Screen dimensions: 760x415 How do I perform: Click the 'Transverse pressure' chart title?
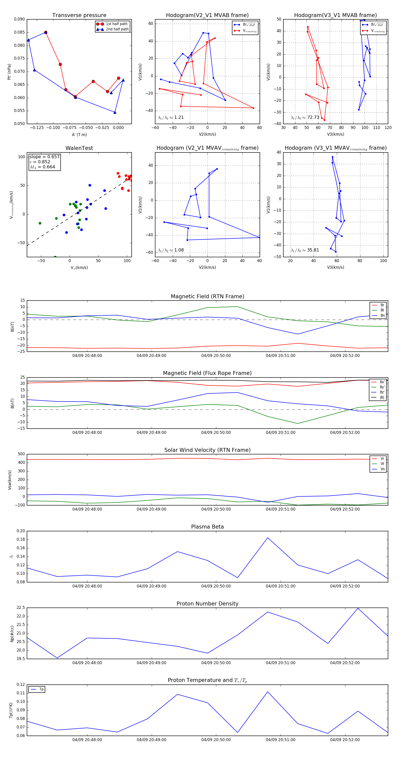click(x=79, y=15)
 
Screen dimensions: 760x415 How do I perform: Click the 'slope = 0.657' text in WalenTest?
click(x=44, y=157)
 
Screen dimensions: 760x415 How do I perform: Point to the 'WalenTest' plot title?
click(x=79, y=148)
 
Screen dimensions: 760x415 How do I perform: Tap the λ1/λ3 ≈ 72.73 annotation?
click(x=305, y=117)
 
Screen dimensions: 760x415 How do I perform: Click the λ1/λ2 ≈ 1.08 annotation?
click(x=171, y=250)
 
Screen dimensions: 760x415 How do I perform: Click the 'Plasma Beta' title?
click(x=207, y=527)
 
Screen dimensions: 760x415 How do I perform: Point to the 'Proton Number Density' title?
click(x=207, y=604)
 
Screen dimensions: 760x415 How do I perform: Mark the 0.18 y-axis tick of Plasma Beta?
click(x=21, y=540)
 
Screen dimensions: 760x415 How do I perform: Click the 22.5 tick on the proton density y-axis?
click(x=21, y=608)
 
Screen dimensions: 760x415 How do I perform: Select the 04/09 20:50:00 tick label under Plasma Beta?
click(x=216, y=586)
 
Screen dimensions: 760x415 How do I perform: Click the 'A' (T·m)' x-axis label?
click(x=79, y=134)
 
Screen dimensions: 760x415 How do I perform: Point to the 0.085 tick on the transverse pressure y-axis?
click(x=20, y=32)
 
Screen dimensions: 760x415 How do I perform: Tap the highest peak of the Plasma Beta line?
click(x=268, y=538)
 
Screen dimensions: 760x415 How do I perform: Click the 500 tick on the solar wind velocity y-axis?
click(x=21, y=454)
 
